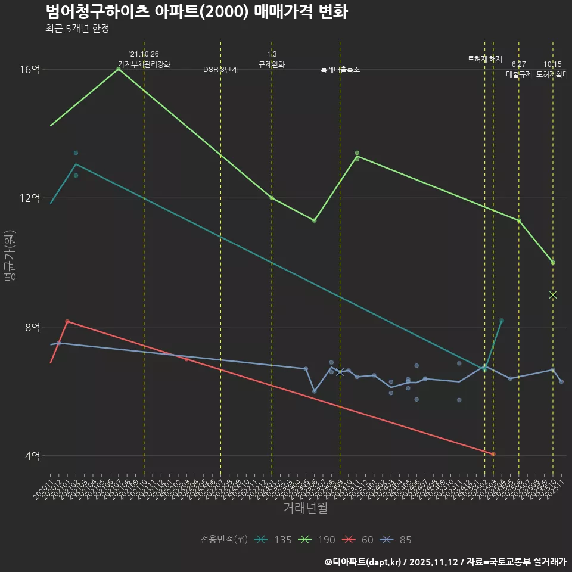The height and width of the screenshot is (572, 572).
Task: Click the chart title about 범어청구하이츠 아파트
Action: (197, 11)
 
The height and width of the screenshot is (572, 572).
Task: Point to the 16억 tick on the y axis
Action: (30, 69)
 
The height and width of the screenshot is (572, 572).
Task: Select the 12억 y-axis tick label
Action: (30, 198)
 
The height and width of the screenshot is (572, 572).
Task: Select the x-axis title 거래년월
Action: (305, 508)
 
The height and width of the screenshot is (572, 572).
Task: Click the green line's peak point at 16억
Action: (119, 69)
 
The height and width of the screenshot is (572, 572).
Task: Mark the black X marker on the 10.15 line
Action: (553, 295)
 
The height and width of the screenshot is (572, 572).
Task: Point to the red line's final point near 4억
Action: (493, 455)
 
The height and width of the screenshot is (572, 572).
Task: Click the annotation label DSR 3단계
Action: (220, 70)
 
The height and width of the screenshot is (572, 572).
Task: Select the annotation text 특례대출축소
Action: (340, 70)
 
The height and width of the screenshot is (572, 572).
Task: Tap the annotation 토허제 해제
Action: (484, 60)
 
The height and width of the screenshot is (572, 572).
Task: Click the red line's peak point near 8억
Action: (67, 321)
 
